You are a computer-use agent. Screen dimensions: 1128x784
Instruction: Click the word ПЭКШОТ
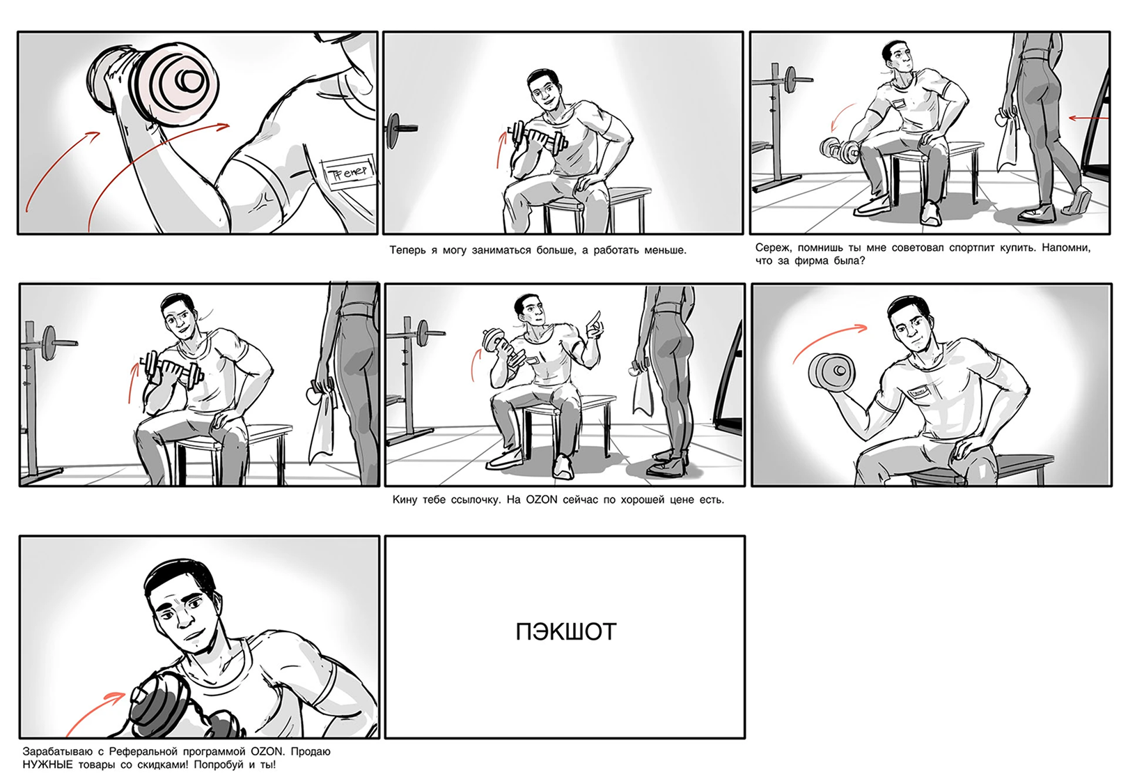point(565,632)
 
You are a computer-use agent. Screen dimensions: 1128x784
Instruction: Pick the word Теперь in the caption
point(407,250)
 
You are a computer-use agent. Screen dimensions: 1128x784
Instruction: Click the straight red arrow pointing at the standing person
point(1089,119)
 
